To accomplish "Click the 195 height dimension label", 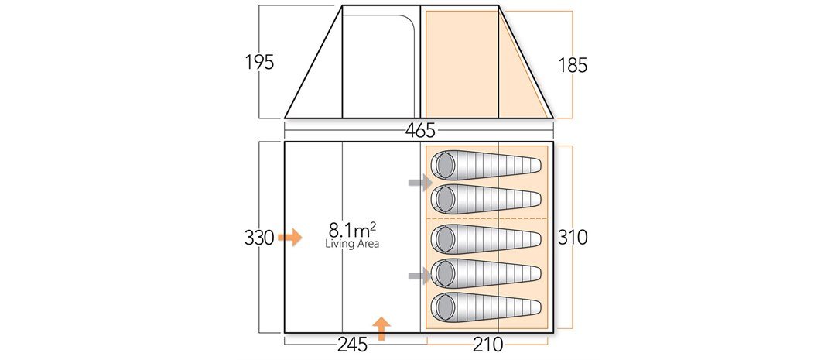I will tap(260, 63).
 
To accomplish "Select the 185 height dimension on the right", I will tap(573, 65).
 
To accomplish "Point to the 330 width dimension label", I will tap(259, 238).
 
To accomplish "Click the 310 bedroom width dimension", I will tap(573, 238).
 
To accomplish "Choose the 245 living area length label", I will tap(337, 344).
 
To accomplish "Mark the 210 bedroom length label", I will tap(487, 344).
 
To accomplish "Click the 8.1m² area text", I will tap(352, 230).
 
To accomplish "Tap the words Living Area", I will tap(353, 244).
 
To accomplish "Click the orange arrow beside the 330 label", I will tap(290, 237).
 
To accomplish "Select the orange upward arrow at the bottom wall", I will tap(381, 328).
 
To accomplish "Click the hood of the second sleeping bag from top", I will tap(444, 199).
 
